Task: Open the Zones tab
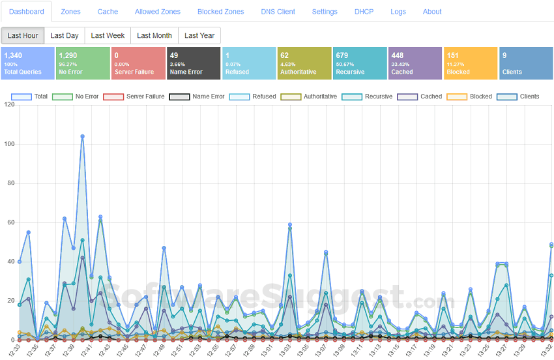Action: [70, 12]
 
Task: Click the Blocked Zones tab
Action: [220, 12]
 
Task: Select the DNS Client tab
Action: [278, 12]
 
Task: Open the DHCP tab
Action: [364, 12]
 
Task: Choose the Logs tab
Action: [398, 12]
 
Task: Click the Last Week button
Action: [108, 35]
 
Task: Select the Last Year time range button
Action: [199, 35]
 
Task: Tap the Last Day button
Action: [65, 35]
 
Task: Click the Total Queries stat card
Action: [27, 63]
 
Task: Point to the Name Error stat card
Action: [193, 63]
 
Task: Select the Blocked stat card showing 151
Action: [470, 63]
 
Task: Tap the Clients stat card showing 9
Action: [525, 63]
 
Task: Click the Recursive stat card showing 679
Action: [359, 63]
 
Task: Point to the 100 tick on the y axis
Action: [8, 144]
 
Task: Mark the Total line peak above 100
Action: [82, 136]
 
